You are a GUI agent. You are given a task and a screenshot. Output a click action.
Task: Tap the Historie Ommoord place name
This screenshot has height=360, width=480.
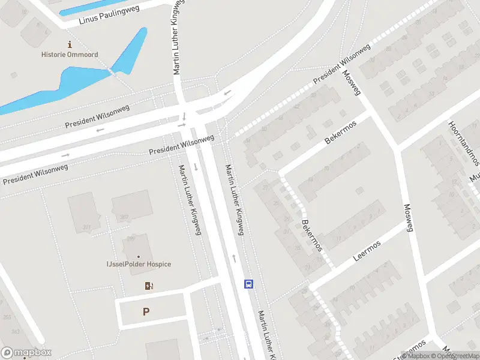[x=70, y=55]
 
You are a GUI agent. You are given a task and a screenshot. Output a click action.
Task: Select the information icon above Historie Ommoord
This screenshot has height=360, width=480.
[x=70, y=44]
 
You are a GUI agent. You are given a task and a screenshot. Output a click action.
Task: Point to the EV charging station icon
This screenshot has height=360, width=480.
[x=149, y=286]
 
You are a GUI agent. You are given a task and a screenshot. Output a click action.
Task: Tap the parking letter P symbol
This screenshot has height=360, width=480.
[x=145, y=311]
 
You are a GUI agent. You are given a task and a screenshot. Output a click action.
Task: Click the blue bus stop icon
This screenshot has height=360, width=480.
[x=248, y=284]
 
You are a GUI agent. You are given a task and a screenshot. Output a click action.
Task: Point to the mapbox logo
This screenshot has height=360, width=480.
[x=26, y=353]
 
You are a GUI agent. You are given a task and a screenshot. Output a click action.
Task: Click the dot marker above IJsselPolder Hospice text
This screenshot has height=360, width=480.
[x=139, y=256]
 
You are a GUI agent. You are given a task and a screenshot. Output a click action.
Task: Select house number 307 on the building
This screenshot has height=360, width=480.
[x=125, y=217]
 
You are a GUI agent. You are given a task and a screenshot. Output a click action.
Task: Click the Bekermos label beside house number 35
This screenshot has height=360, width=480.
[x=312, y=235]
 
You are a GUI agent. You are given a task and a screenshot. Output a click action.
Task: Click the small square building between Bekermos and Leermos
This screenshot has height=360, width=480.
[x=360, y=191]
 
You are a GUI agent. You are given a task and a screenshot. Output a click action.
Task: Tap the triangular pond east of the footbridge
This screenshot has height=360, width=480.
[x=132, y=54]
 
